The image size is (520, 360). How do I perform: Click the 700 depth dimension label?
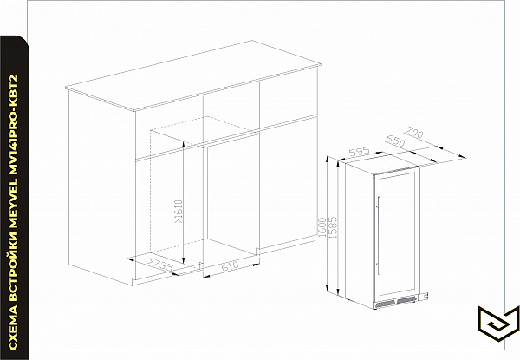pos(415,133)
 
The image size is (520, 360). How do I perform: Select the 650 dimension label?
pos(395,141)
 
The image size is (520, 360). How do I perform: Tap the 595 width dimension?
pos(360,152)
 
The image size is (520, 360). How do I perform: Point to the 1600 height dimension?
pos(322,227)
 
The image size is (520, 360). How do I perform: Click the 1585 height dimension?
pos(333,227)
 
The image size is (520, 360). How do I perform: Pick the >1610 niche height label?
pos(178,212)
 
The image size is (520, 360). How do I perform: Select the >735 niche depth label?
pos(160,264)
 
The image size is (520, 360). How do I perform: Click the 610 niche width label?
pos(230,265)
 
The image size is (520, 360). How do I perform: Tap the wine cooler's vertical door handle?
pos(379,235)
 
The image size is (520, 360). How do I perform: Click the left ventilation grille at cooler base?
pos(386,304)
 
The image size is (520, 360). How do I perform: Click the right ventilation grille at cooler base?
pos(406,300)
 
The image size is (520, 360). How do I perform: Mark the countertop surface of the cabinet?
pos(193,75)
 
